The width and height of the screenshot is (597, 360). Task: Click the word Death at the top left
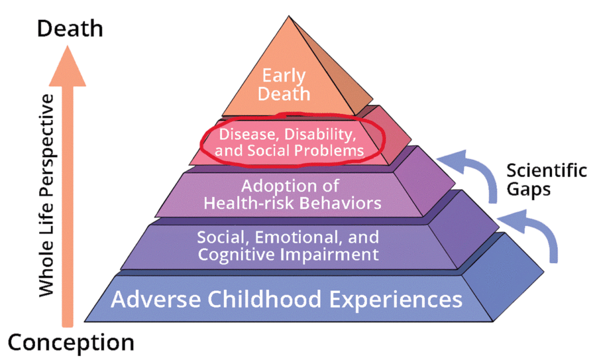coord(70,29)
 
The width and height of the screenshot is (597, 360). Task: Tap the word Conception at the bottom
coord(71,342)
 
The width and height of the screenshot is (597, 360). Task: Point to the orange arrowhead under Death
coord(68,66)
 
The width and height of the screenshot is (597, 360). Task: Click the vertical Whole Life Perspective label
coord(47,195)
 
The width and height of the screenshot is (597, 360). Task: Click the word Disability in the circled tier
coord(320,134)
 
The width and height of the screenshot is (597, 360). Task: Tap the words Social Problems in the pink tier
coord(305,151)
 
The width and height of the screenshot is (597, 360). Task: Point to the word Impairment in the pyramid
coord(329,254)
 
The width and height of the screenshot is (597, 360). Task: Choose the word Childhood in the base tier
coord(265,299)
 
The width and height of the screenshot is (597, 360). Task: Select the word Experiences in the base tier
coord(396,300)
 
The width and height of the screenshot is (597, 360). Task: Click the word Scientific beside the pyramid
coord(546,170)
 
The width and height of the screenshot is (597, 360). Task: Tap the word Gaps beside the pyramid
coord(528,189)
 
